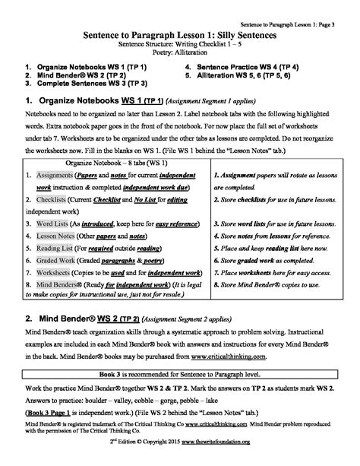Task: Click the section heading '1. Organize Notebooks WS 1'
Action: click(79, 101)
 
